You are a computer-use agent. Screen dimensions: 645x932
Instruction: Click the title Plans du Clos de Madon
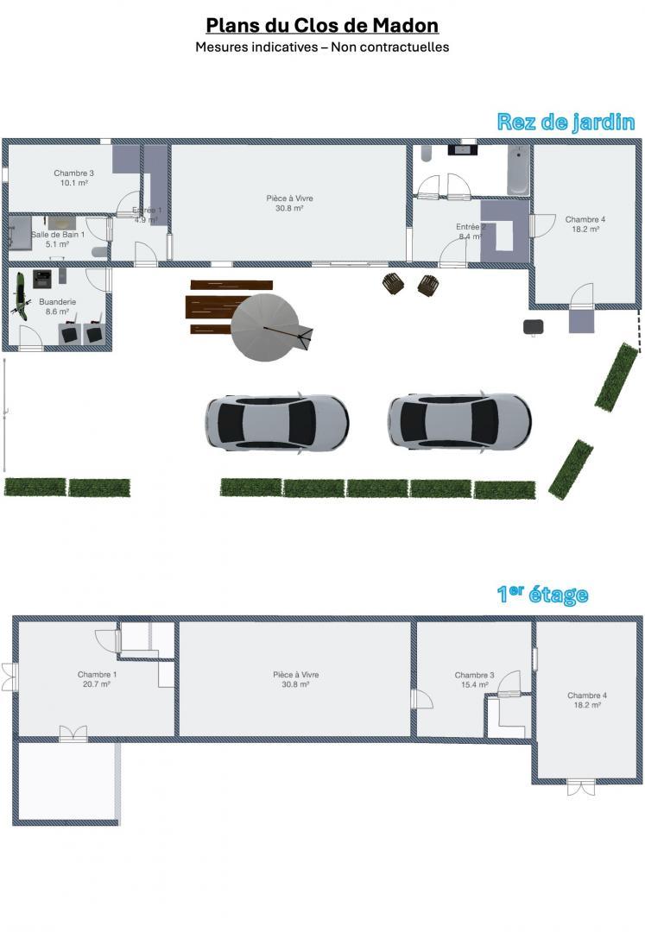click(x=322, y=26)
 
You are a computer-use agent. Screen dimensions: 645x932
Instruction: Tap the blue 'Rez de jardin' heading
click(x=566, y=122)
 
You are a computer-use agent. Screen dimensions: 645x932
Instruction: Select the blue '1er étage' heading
click(x=542, y=594)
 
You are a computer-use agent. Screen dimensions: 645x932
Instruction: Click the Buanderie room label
click(x=58, y=302)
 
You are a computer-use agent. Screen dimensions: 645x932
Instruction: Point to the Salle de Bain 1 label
click(x=58, y=235)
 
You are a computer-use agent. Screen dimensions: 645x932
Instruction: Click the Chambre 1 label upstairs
click(x=97, y=675)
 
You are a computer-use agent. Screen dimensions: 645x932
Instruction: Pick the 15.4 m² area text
click(x=474, y=684)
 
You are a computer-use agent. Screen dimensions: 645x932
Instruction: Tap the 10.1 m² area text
click(x=73, y=183)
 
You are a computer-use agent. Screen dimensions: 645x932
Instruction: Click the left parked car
click(x=277, y=422)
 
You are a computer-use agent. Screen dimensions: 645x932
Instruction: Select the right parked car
click(x=459, y=421)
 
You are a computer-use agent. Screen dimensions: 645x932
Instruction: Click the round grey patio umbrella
click(x=265, y=327)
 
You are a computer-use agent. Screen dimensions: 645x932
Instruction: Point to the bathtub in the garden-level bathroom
click(x=518, y=170)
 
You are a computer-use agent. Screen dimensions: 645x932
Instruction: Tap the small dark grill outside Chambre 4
click(x=534, y=326)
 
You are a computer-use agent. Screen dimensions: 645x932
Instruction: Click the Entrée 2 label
click(x=471, y=227)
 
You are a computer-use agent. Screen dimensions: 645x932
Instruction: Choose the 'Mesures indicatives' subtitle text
click(x=256, y=47)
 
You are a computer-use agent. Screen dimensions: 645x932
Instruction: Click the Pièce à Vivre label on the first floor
click(x=296, y=675)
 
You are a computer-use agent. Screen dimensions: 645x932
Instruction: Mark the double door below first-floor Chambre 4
click(x=581, y=787)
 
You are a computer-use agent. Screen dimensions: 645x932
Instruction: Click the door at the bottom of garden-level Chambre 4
click(x=581, y=296)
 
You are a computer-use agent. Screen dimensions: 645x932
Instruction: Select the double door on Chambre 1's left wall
click(x=10, y=677)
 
